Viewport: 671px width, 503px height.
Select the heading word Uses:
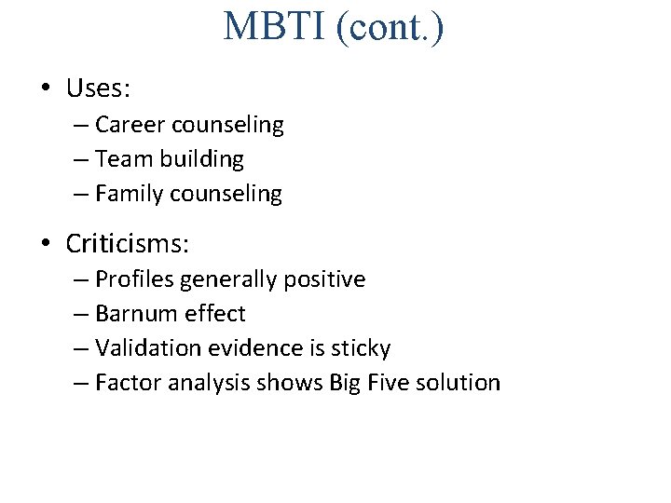point(98,89)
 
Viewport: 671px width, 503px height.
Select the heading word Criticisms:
point(128,244)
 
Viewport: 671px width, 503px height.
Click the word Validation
point(148,348)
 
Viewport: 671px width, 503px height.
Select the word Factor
point(129,383)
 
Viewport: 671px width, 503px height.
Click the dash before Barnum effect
point(80,314)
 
